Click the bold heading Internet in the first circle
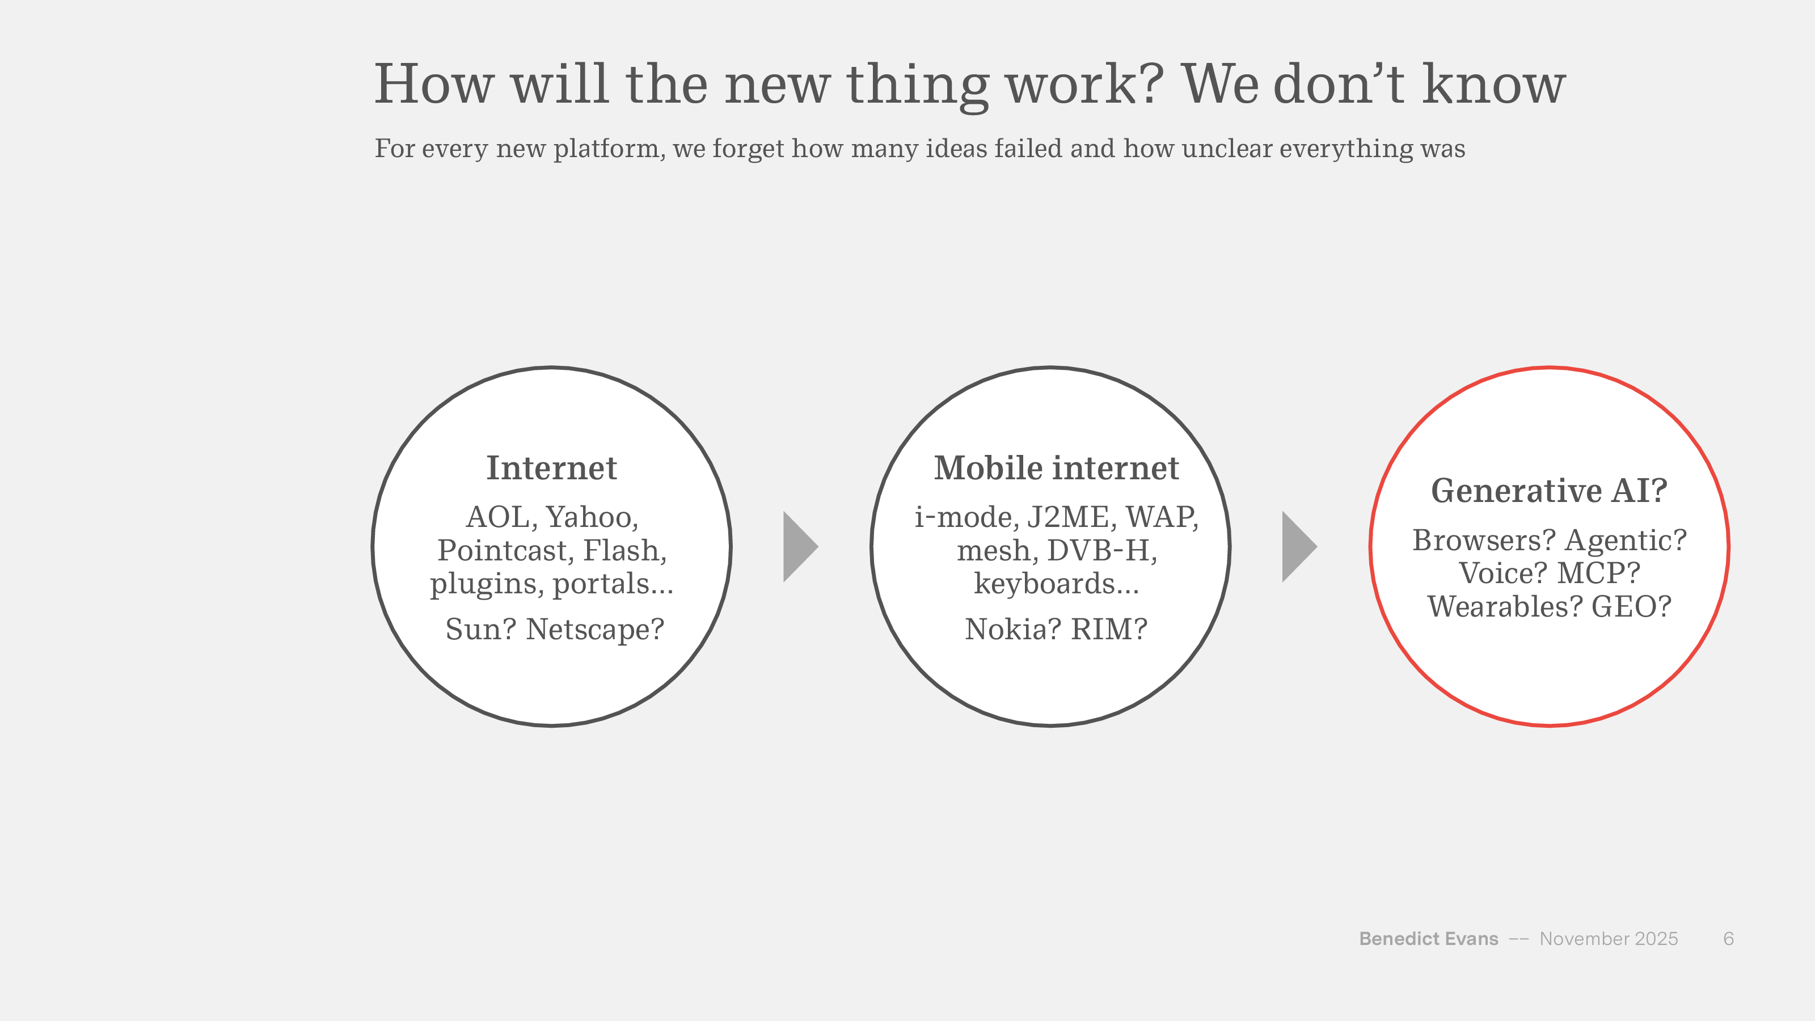[552, 469]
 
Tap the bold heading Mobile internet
[1056, 469]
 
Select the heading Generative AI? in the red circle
[1550, 491]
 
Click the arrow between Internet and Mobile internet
[800, 546]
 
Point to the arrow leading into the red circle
[1299, 546]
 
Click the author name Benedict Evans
[1428, 939]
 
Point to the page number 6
[1728, 939]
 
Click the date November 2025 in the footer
[1609, 939]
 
